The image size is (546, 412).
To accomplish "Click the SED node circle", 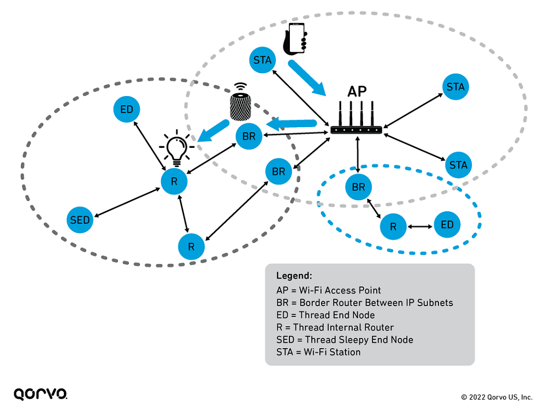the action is click(x=80, y=220).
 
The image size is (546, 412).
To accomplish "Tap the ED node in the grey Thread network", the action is click(x=127, y=109).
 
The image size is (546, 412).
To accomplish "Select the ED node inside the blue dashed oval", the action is click(x=447, y=224).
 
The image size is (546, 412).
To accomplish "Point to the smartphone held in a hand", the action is click(x=295, y=39).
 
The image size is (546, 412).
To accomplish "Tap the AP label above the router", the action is click(x=357, y=92).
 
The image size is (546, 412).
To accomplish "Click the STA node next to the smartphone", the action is click(x=263, y=60).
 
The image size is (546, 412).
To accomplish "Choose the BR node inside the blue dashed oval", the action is click(x=359, y=187).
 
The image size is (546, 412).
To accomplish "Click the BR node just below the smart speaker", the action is click(x=249, y=136).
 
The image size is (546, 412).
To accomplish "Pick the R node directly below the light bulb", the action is click(x=174, y=181).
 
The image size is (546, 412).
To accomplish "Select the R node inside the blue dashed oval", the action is click(x=393, y=227).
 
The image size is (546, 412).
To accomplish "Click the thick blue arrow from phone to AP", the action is click(x=307, y=78).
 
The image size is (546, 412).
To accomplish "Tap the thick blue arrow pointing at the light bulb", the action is click(x=213, y=131).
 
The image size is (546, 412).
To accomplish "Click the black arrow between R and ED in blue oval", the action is click(x=420, y=226).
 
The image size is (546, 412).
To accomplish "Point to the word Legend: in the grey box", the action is click(x=294, y=276).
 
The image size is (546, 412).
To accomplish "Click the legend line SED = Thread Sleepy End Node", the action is click(x=345, y=339).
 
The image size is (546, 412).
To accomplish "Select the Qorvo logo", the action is click(x=40, y=394).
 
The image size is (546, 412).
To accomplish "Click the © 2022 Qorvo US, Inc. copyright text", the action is click(x=497, y=397).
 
